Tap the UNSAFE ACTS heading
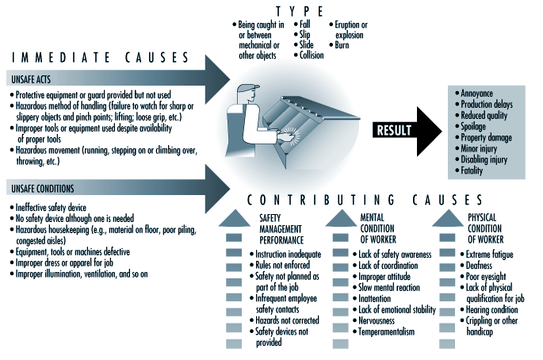tap(32, 79)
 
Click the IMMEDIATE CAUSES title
tap(99, 57)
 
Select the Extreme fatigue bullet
tap(489, 254)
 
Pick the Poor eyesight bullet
tap(485, 276)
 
